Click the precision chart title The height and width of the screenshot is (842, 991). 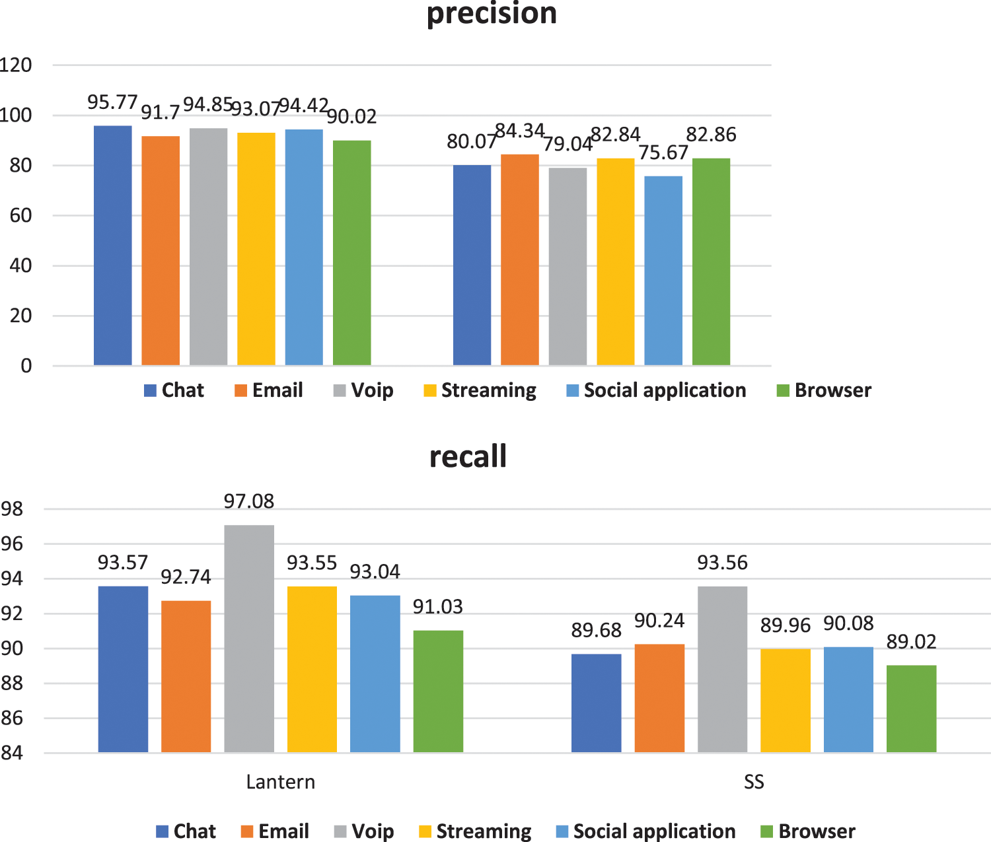pyautogui.click(x=492, y=13)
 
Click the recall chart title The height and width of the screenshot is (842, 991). pyautogui.click(x=468, y=456)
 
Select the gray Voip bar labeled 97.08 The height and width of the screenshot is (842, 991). pyautogui.click(x=249, y=638)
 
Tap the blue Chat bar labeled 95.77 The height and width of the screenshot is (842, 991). pyautogui.click(x=112, y=245)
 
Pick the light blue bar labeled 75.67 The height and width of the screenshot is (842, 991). pyautogui.click(x=663, y=270)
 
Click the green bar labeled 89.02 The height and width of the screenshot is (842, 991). pyautogui.click(x=911, y=709)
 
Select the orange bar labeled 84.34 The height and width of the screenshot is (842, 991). pyautogui.click(x=519, y=260)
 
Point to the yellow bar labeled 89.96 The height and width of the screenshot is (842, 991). pyautogui.click(x=785, y=700)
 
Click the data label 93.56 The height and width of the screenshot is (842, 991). pyautogui.click(x=723, y=563)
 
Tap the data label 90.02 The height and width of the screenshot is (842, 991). pyautogui.click(x=351, y=117)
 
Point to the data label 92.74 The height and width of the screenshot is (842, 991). pyautogui.click(x=186, y=577)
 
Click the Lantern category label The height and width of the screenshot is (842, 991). pyautogui.click(x=280, y=782)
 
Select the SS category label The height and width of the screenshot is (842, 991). pyautogui.click(x=754, y=782)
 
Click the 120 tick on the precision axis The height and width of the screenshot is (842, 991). pyautogui.click(x=17, y=65)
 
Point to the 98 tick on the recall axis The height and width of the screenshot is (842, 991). pyautogui.click(x=12, y=509)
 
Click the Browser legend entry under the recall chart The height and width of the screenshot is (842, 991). pyautogui.click(x=808, y=831)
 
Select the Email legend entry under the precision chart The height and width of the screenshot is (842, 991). pyautogui.click(x=269, y=390)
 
